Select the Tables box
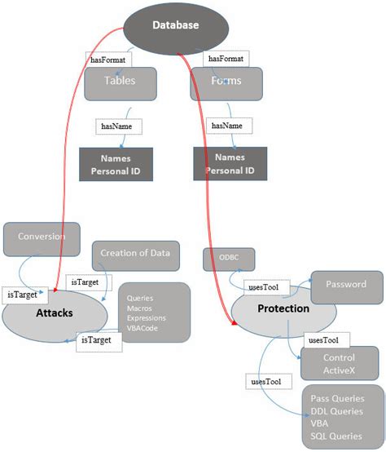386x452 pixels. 120,82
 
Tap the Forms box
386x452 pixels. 226,82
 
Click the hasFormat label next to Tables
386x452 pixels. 106,60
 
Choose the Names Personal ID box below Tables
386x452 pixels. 116,164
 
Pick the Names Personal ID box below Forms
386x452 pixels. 230,164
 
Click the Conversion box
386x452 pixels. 42,237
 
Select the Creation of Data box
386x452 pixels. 135,254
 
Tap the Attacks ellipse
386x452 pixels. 55,313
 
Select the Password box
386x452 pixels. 345,286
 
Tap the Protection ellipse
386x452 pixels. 283,310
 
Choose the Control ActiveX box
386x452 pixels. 339,364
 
